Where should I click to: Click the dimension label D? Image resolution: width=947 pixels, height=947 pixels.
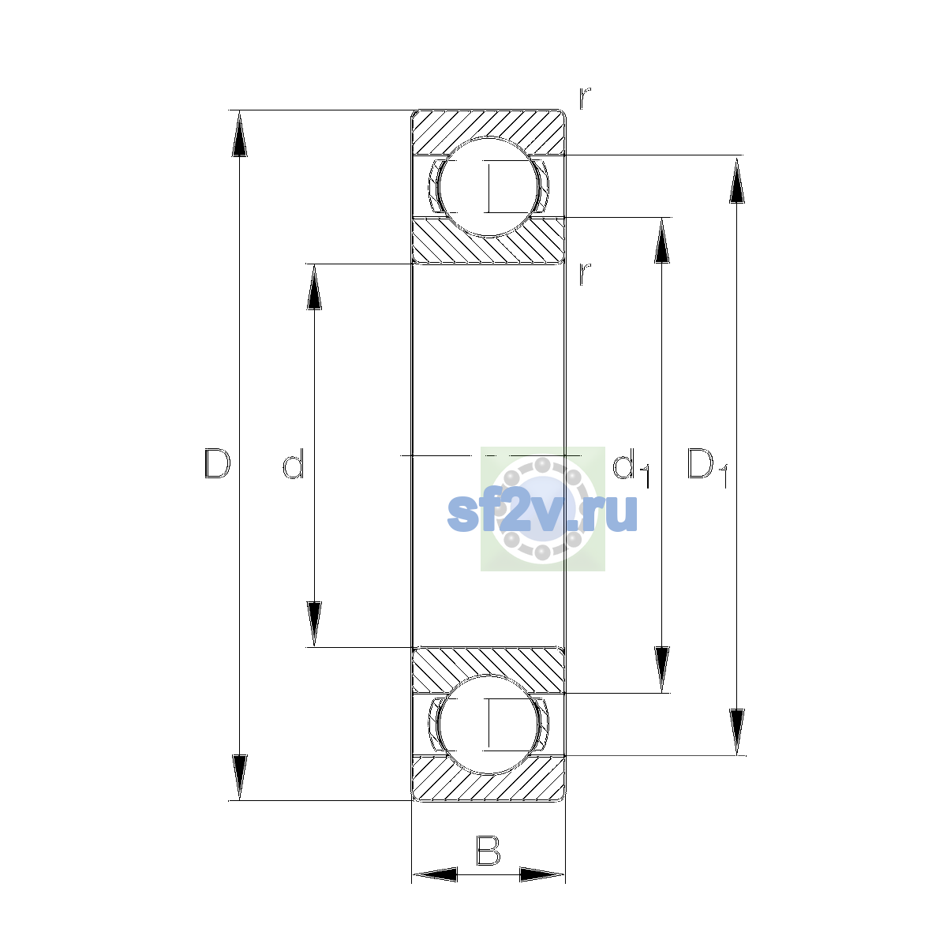click(217, 463)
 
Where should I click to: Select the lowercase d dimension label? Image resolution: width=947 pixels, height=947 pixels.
click(294, 463)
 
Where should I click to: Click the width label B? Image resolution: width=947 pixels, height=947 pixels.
click(488, 851)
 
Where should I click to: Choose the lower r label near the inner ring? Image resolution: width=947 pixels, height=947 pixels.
click(584, 274)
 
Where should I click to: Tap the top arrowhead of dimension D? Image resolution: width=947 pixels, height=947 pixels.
click(239, 133)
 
